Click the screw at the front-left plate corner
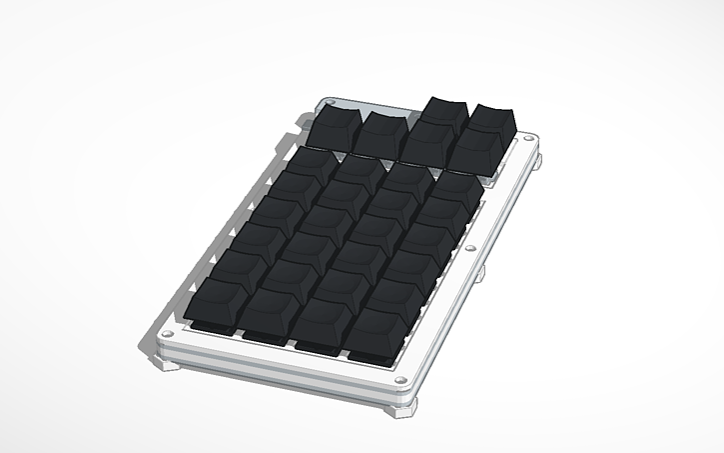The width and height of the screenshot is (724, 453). point(167,334)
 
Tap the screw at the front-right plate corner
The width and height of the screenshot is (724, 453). point(401,380)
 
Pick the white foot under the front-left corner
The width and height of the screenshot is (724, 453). point(170,362)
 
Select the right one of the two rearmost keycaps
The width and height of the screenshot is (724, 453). point(493,116)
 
